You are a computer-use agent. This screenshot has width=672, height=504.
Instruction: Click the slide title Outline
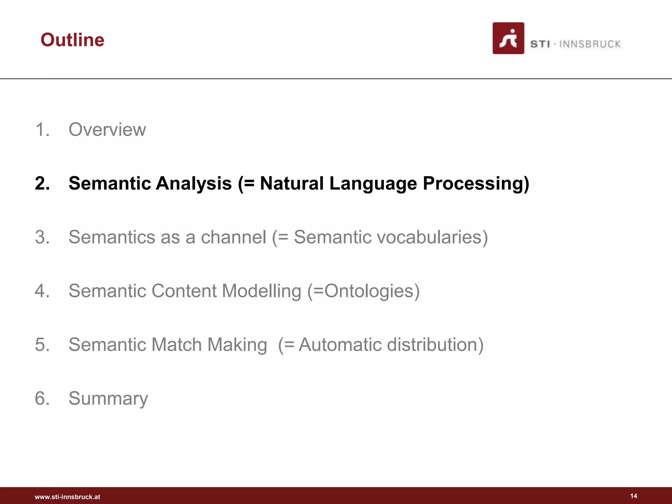pyautogui.click(x=72, y=40)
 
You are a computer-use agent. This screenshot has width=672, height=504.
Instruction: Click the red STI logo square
pyautogui.click(x=508, y=38)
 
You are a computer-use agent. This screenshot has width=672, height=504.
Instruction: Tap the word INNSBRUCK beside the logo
pyautogui.click(x=590, y=44)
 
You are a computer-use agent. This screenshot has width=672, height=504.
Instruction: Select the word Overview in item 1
pyautogui.click(x=107, y=129)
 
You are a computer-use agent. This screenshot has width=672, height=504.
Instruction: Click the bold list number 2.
pyautogui.click(x=42, y=183)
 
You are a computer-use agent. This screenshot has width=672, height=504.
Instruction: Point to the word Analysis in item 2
pyautogui.click(x=194, y=183)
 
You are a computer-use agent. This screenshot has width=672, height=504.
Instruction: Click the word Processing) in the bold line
pyautogui.click(x=476, y=183)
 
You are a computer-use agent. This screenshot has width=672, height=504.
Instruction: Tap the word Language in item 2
pyautogui.click(x=373, y=183)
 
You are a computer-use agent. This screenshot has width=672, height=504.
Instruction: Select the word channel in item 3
pyautogui.click(x=233, y=237)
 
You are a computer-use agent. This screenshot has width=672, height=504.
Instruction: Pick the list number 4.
pyautogui.click(x=42, y=291)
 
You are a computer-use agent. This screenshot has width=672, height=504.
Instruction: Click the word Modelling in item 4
pyautogui.click(x=262, y=291)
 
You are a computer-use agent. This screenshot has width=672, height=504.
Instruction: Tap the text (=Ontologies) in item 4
pyautogui.click(x=364, y=291)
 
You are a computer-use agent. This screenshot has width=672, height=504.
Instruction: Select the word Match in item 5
pyautogui.click(x=176, y=345)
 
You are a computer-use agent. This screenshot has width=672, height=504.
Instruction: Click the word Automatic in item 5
pyautogui.click(x=340, y=345)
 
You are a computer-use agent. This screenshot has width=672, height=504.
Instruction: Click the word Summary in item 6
pyautogui.click(x=108, y=398)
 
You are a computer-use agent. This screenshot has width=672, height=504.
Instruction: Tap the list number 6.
pyautogui.click(x=42, y=398)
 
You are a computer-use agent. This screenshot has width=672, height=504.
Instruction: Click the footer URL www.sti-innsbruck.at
pyautogui.click(x=67, y=497)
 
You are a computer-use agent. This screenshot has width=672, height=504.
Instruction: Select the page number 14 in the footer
pyautogui.click(x=634, y=496)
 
